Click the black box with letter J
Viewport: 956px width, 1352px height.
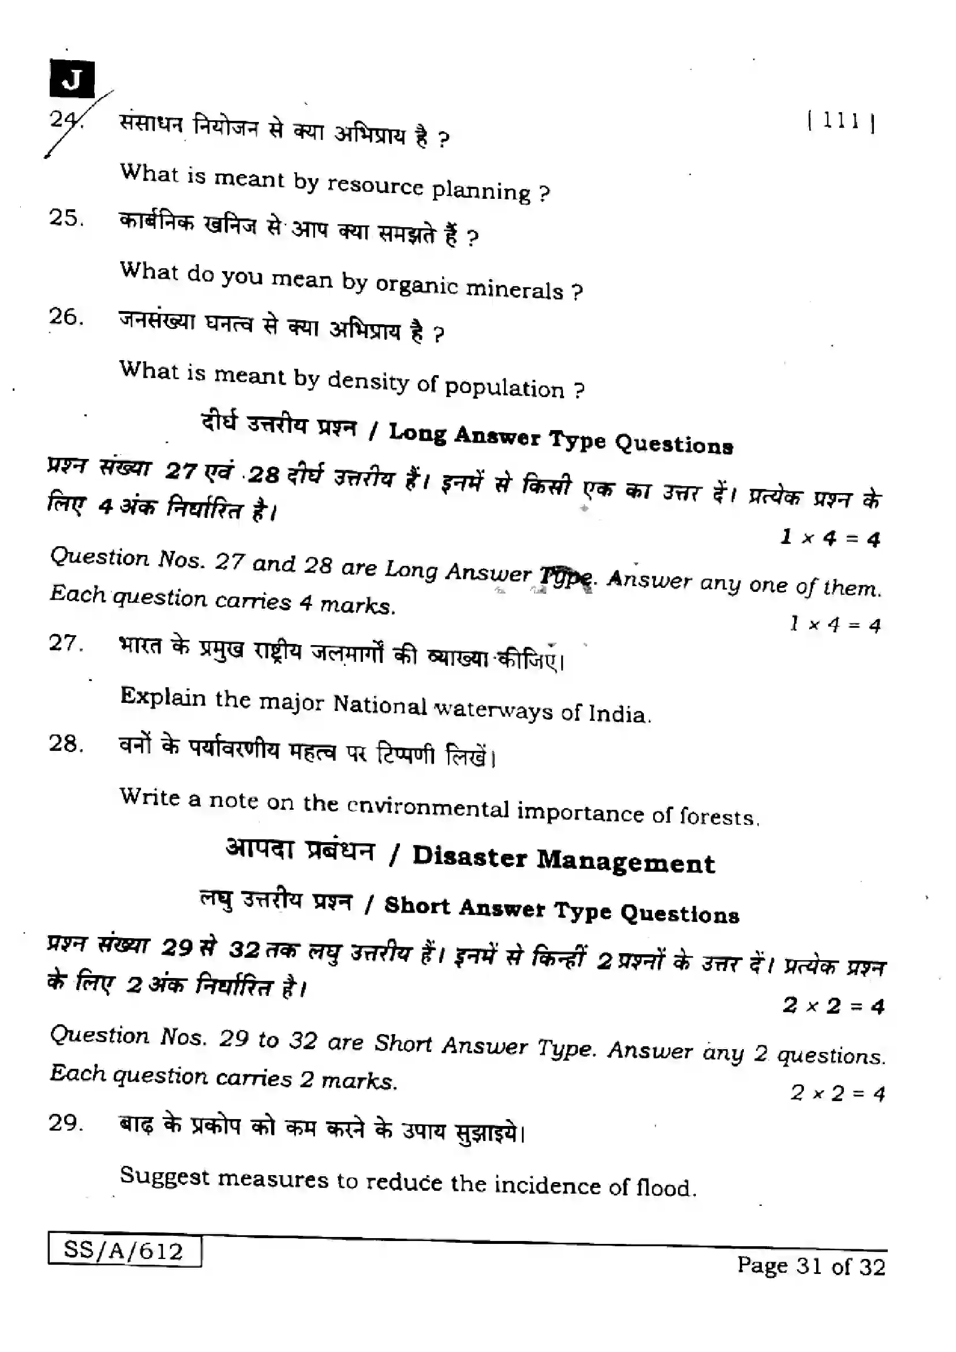pyautogui.click(x=72, y=79)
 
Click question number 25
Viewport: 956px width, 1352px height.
pyautogui.click(x=66, y=218)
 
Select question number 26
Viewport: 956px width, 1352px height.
pyautogui.click(x=66, y=317)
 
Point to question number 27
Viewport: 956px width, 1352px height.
pyautogui.click(x=66, y=643)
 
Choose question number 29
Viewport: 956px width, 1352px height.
pyautogui.click(x=66, y=1123)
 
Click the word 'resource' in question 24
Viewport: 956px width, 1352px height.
pyautogui.click(x=375, y=186)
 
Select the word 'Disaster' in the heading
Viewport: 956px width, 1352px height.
pyautogui.click(x=469, y=857)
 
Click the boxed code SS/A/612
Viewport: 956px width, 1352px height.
pyautogui.click(x=124, y=1251)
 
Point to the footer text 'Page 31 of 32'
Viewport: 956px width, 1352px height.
pyautogui.click(x=811, y=1266)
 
